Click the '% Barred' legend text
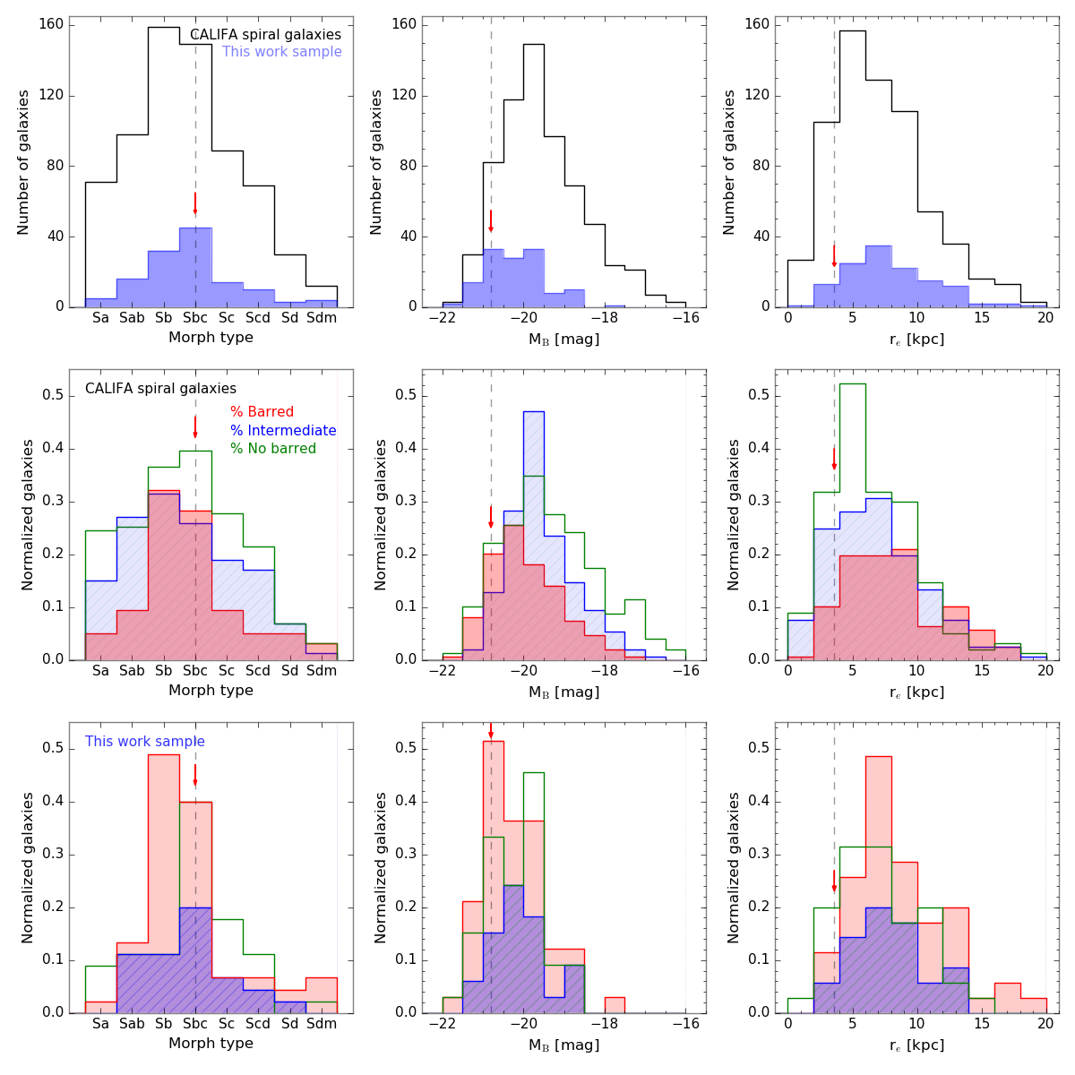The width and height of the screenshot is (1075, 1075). [262, 412]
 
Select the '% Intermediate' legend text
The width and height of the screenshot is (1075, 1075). [283, 431]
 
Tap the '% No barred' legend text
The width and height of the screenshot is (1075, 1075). [273, 449]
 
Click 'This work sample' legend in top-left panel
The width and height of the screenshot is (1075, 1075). [282, 52]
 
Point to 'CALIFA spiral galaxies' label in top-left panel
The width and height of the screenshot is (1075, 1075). [265, 35]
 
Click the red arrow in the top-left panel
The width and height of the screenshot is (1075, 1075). [195, 203]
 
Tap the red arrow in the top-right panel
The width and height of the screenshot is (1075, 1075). [834, 255]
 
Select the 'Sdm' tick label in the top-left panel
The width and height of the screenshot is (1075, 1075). [321, 318]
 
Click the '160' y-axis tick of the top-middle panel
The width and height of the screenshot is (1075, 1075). [404, 24]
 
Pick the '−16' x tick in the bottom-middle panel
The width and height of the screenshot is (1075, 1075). [685, 1024]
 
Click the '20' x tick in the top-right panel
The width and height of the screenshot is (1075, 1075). [1045, 318]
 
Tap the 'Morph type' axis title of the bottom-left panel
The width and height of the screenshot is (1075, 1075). [211, 1044]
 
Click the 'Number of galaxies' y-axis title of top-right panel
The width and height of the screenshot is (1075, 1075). [729, 162]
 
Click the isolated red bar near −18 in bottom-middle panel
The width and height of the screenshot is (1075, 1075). [614, 1005]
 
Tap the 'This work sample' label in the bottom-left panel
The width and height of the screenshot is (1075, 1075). [145, 742]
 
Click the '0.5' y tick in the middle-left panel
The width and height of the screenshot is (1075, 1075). [53, 396]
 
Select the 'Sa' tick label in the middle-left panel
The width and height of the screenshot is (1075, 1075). [101, 671]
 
